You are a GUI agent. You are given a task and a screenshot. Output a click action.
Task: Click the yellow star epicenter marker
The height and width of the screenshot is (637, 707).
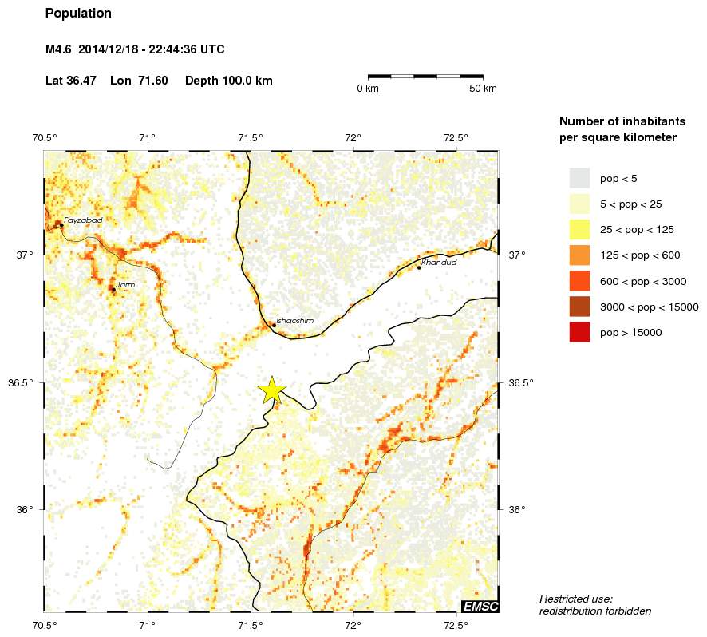pyautogui.click(x=272, y=390)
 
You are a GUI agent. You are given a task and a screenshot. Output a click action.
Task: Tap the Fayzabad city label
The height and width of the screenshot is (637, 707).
pyautogui.click(x=83, y=220)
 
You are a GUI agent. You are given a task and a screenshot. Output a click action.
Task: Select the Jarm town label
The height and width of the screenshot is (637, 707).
pyautogui.click(x=124, y=284)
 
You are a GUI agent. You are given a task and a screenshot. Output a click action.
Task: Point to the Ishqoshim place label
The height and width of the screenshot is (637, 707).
pyautogui.click(x=294, y=320)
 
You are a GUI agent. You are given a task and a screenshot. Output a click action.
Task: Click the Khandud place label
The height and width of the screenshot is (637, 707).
pyautogui.click(x=439, y=262)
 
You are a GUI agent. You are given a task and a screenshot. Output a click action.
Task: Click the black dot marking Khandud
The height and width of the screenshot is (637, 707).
pyautogui.click(x=419, y=267)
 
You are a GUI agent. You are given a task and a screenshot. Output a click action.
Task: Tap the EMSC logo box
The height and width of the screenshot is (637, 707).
pyautogui.click(x=480, y=607)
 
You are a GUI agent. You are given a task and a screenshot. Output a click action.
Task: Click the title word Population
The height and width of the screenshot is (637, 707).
pyautogui.click(x=78, y=14)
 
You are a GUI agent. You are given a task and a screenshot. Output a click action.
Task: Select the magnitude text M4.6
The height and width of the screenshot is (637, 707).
pyautogui.click(x=59, y=49)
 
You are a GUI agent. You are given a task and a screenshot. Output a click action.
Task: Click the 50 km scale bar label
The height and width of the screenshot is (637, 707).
pyautogui.click(x=482, y=89)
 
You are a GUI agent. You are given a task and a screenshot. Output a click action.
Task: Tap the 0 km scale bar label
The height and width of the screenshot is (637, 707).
pyautogui.click(x=368, y=89)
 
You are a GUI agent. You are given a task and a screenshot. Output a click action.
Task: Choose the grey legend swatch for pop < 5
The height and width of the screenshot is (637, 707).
pyautogui.click(x=579, y=177)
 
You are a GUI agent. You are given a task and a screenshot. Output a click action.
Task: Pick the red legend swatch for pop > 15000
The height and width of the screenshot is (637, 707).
pyautogui.click(x=579, y=332)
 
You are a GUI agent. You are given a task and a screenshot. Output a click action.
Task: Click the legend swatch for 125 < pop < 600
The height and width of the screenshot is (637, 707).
pyautogui.click(x=579, y=255)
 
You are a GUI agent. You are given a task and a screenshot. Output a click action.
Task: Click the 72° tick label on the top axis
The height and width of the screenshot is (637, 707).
pyautogui.click(x=353, y=137)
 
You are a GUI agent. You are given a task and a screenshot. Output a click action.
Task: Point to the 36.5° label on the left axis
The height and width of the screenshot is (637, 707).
pyautogui.click(x=21, y=382)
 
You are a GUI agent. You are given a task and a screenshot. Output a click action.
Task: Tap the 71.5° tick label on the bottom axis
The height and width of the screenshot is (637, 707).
pyautogui.click(x=251, y=626)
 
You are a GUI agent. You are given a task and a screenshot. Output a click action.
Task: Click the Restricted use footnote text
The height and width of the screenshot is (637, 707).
pyautogui.click(x=576, y=599)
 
